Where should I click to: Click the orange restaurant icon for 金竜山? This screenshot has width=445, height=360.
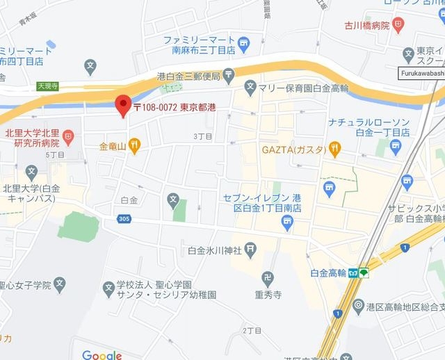pyautogui.click(x=134, y=145)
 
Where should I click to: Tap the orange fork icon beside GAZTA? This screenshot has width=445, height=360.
pyautogui.click(x=336, y=147)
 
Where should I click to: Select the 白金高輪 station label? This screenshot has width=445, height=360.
pyautogui.click(x=328, y=273)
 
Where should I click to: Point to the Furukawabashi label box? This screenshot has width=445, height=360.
pyautogui.click(x=421, y=72)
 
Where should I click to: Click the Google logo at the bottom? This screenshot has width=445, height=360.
pyautogui.click(x=102, y=354)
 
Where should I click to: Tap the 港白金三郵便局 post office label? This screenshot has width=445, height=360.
pyautogui.click(x=188, y=75)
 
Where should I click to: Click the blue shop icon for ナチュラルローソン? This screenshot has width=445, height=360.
pyautogui.click(x=396, y=146)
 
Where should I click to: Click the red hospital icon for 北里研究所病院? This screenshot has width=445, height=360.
pyautogui.click(x=68, y=135)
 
